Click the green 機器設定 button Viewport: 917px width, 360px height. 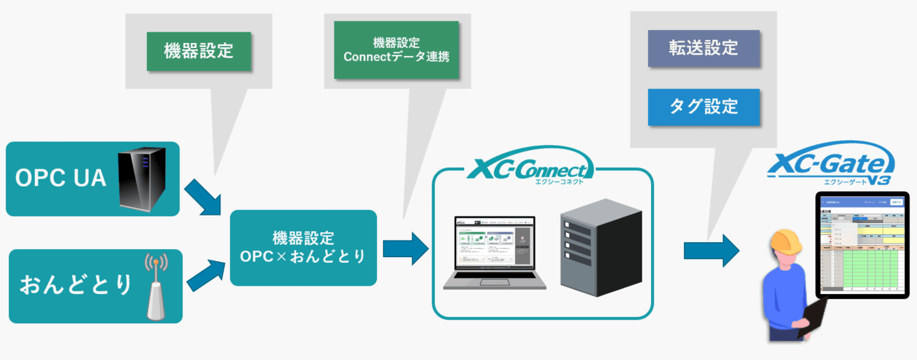click(199, 51)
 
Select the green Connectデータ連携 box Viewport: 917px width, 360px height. click(396, 50)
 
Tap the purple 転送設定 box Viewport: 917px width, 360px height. click(703, 48)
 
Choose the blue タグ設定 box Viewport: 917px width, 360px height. click(703, 107)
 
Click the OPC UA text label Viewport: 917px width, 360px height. click(60, 179)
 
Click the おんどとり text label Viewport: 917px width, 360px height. click(75, 286)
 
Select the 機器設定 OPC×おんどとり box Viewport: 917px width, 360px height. click(303, 247)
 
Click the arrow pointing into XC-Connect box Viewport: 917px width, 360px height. click(406, 249)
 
